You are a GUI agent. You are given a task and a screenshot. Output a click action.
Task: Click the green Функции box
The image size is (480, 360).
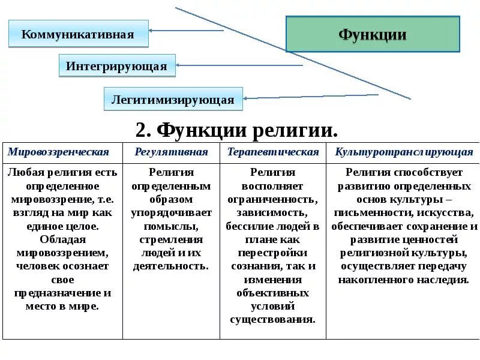click(373, 34)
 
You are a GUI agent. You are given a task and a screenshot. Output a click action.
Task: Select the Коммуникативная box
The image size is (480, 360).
click(78, 34)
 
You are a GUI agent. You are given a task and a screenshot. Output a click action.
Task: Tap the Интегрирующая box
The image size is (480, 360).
click(117, 65)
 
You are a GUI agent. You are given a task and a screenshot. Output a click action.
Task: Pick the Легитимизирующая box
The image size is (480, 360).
click(173, 100)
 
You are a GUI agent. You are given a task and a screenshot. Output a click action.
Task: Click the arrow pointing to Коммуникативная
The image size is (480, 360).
click(186, 30)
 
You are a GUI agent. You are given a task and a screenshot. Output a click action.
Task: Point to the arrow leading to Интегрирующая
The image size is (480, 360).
click(240, 65)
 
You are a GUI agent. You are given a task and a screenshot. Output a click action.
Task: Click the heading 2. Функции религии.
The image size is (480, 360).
click(237, 130)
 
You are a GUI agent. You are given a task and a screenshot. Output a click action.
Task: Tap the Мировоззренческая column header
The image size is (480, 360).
click(59, 152)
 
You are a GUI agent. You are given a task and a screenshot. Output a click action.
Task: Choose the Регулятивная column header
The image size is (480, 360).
click(172, 152)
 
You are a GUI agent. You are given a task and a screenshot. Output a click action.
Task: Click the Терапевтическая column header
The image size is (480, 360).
click(273, 152)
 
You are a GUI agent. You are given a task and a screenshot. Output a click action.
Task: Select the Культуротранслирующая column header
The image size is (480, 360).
click(404, 152)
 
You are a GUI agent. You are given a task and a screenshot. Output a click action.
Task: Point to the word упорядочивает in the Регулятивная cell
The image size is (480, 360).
click(172, 212)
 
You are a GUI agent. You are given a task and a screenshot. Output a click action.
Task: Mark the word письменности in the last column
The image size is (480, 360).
click(371, 212)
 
